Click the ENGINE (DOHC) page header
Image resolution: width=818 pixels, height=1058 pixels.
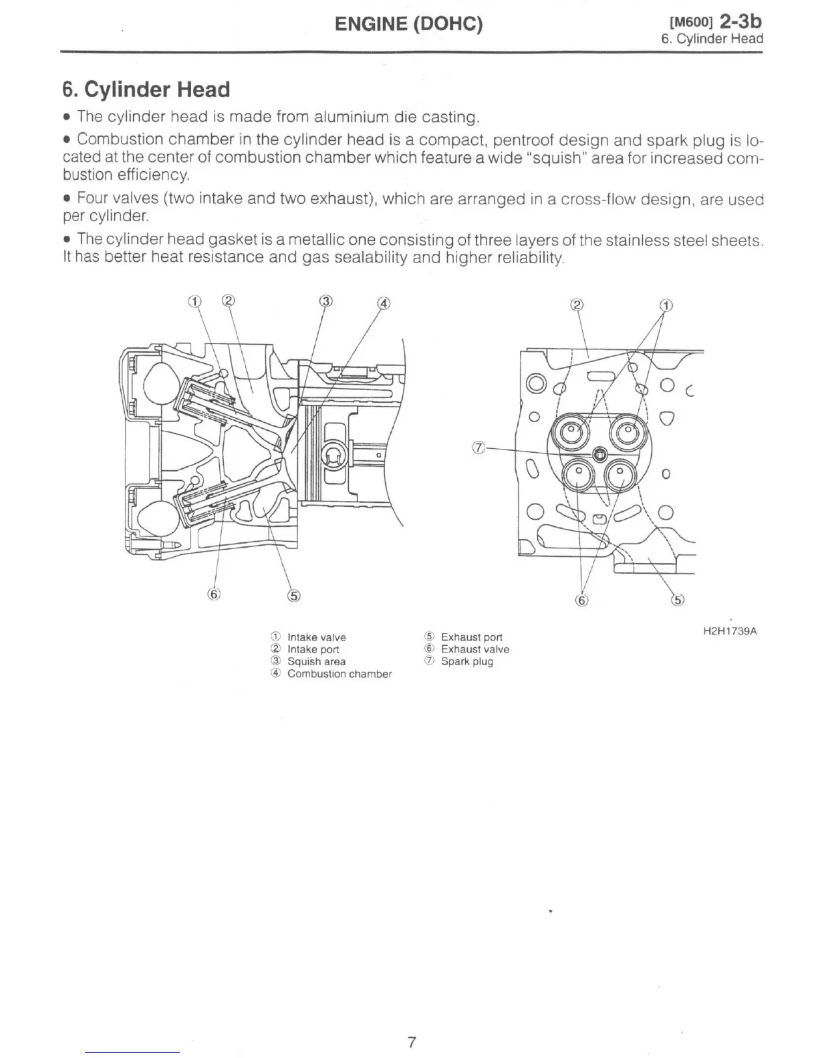408,25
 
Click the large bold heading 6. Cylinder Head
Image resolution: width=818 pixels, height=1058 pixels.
146,90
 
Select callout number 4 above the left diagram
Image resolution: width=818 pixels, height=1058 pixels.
384,303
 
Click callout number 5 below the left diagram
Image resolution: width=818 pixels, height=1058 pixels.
293,596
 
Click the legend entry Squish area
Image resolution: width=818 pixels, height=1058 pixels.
316,662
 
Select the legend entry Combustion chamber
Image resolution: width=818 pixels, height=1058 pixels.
339,674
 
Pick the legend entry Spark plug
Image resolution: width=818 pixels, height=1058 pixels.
466,662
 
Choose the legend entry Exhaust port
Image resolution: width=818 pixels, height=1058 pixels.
471,637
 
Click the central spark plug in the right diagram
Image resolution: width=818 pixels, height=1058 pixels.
599,454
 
